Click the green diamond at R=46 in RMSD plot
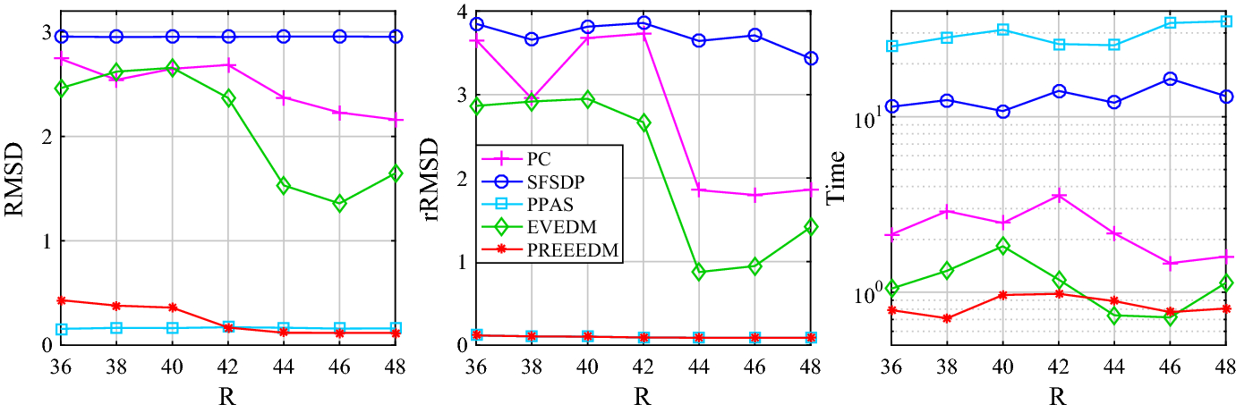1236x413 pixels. (339, 204)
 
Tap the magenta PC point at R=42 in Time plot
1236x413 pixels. (1059, 196)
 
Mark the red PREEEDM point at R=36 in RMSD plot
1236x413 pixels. (60, 300)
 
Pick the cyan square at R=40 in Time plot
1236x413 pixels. (1003, 29)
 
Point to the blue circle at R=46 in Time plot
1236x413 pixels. (1169, 79)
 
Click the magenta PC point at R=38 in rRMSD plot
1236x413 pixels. (532, 98)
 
